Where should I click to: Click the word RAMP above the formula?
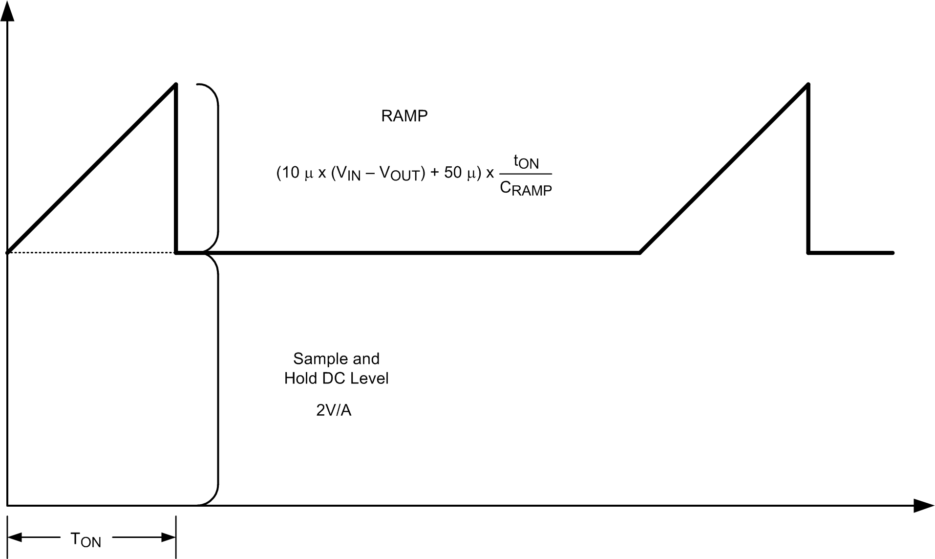(x=404, y=116)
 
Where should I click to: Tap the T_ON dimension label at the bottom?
(x=86, y=539)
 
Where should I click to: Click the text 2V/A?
(x=334, y=410)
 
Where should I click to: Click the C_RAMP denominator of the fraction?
(x=526, y=188)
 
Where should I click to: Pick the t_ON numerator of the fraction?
(x=526, y=161)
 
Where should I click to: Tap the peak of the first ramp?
(x=176, y=85)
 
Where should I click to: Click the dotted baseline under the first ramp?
(x=93, y=253)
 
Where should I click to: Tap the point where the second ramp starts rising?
(x=640, y=253)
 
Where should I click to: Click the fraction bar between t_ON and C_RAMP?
(x=526, y=174)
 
